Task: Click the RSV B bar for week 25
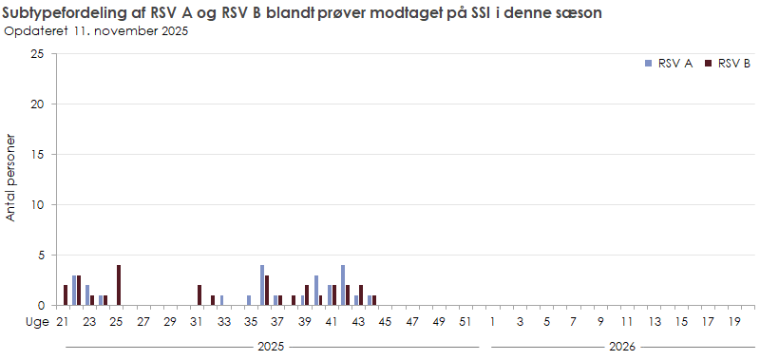point(119,285)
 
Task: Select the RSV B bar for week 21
point(66,294)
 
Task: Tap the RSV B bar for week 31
point(199,294)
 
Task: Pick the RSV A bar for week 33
point(221,300)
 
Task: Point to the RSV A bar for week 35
point(249,300)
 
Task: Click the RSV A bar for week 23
point(87,294)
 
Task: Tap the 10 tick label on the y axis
point(38,204)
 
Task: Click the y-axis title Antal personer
point(11,180)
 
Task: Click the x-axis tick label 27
point(143,322)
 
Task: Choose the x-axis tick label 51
point(465,322)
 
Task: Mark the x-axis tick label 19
point(734,322)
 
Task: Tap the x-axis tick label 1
point(493,322)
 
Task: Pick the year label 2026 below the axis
point(621,347)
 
